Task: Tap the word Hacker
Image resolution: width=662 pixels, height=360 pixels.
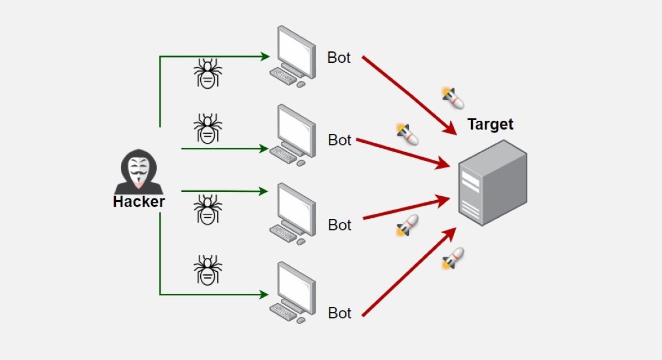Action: click(x=138, y=202)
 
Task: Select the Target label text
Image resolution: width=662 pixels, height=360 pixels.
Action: click(x=490, y=124)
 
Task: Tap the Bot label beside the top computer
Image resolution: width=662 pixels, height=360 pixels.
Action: click(x=339, y=57)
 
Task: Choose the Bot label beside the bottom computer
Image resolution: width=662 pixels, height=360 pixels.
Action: click(x=339, y=313)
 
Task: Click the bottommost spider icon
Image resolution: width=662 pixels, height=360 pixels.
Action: click(x=207, y=270)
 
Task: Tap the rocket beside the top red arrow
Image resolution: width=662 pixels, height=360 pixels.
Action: click(x=453, y=98)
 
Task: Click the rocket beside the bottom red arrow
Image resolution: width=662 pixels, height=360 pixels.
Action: click(x=453, y=258)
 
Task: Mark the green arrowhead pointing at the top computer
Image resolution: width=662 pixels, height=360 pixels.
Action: click(x=265, y=56)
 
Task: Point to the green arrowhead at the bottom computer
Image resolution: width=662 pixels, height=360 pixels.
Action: click(x=265, y=294)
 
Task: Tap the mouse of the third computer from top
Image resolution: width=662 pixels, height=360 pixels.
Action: click(x=301, y=241)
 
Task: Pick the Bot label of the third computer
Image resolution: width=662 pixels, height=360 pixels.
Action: click(x=339, y=225)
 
